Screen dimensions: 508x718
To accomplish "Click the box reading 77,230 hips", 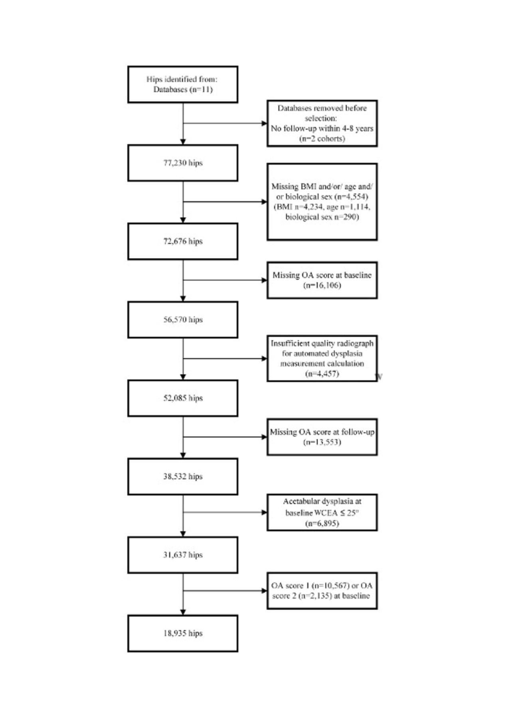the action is [x=183, y=163].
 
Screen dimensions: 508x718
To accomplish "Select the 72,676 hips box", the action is [x=183, y=241].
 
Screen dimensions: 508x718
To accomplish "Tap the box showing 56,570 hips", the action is [x=183, y=320].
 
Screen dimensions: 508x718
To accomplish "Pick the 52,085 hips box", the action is [x=183, y=398].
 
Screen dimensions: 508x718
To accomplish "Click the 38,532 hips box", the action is [x=183, y=476].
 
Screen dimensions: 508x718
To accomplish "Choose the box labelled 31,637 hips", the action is [x=183, y=555].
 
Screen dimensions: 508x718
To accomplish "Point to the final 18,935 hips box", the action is [x=183, y=633].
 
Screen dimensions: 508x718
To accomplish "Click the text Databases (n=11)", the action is [x=183, y=89].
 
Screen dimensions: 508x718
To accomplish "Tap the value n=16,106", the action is [x=322, y=285].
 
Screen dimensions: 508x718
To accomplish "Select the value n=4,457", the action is [x=322, y=374].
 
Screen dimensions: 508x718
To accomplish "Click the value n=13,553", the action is [x=322, y=442].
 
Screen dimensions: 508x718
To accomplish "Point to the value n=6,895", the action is [x=322, y=523].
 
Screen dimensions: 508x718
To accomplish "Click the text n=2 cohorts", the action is [x=322, y=139].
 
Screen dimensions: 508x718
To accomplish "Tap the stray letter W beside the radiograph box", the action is [x=380, y=377].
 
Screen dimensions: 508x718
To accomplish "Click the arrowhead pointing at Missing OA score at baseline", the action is [x=264, y=280].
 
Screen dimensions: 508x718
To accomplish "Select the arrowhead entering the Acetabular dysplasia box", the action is [x=264, y=512].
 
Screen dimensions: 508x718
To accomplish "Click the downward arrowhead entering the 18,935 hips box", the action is [x=183, y=612].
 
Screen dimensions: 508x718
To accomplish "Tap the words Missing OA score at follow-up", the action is [x=322, y=432].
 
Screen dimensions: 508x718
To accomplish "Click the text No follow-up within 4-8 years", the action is [x=322, y=128].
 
